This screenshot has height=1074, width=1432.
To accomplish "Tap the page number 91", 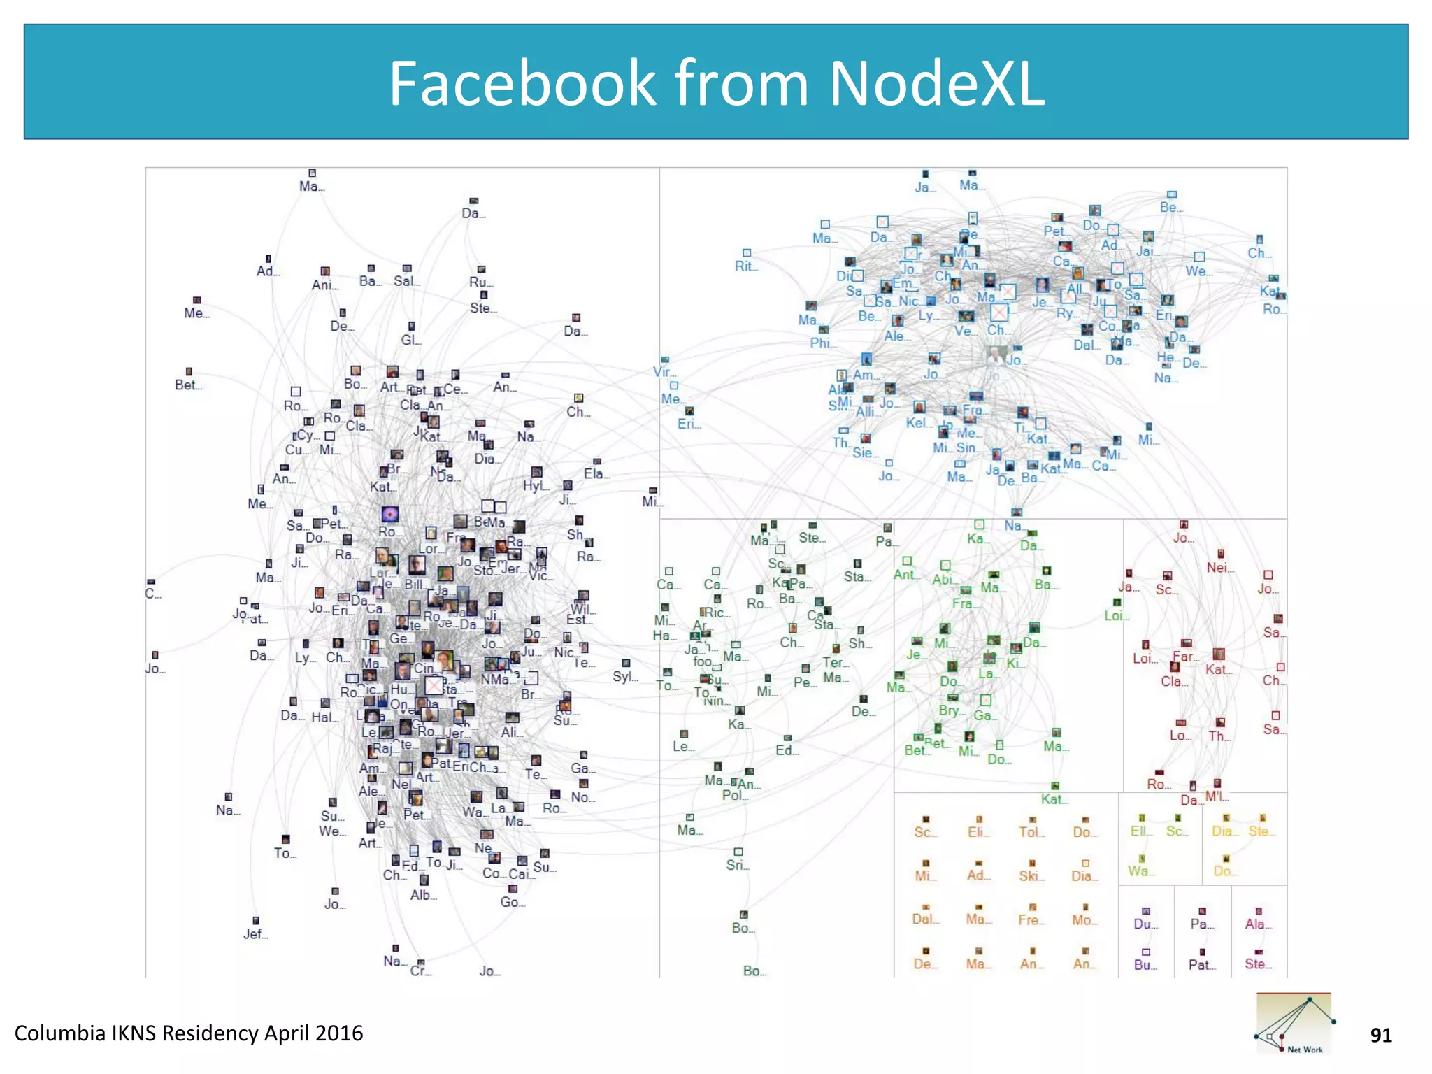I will pyautogui.click(x=1380, y=1035).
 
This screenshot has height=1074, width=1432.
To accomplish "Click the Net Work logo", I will pyautogui.click(x=1294, y=1022).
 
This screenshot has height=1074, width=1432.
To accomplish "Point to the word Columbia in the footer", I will pyautogui.click(x=59, y=1033).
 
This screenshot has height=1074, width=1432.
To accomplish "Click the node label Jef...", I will pyautogui.click(x=255, y=934).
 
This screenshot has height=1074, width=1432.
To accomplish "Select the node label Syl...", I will pyautogui.click(x=624, y=676).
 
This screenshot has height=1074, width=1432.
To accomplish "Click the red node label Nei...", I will pyautogui.click(x=1219, y=568).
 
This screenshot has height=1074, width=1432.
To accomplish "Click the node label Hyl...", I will pyautogui.click(x=535, y=485).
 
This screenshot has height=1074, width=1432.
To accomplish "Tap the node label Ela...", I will pyautogui.click(x=596, y=473).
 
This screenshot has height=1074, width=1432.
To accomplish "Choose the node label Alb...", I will pyautogui.click(x=423, y=895).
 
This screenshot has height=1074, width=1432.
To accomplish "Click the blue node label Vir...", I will pyautogui.click(x=664, y=372).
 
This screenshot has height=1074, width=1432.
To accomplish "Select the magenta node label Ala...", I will pyautogui.click(x=1257, y=924).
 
